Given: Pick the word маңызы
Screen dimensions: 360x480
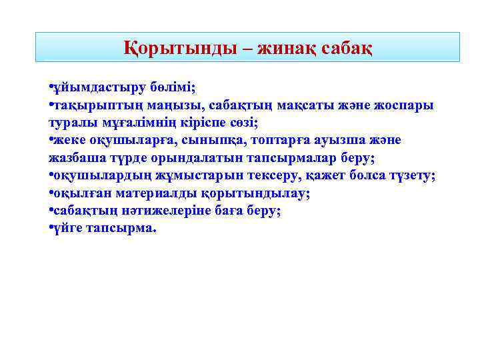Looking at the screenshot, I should pos(174,105).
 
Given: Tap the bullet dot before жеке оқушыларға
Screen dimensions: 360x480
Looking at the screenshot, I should pos(51,141).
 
